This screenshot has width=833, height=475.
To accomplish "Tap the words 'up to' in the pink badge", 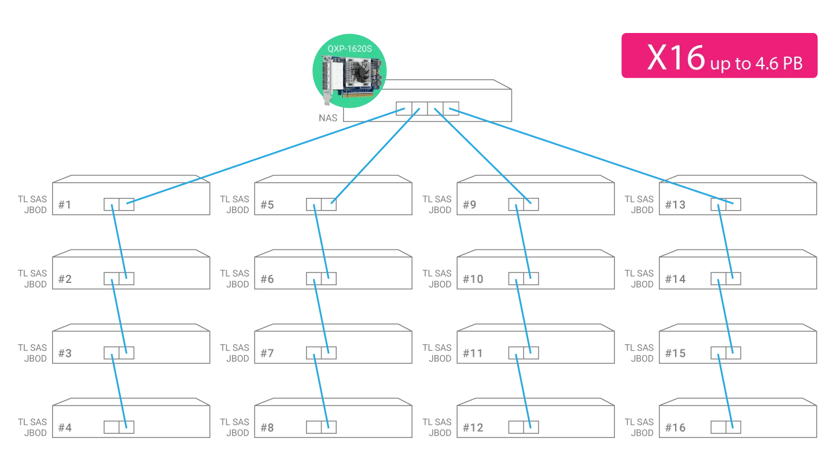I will pos(730,63).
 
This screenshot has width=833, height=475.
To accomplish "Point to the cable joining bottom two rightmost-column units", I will pos(727,391).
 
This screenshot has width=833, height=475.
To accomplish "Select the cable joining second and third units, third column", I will pos(523,315).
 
